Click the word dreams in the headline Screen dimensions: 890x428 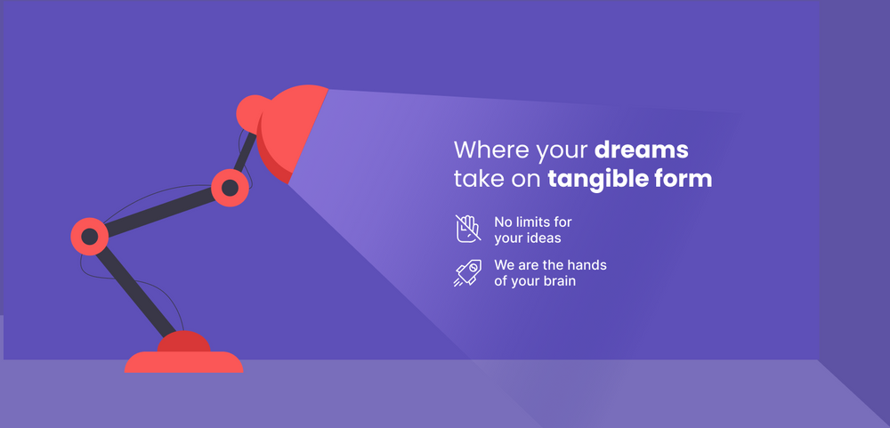pyautogui.click(x=642, y=149)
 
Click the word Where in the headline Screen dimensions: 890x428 pyautogui.click(x=491, y=149)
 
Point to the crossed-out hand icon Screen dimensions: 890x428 pyautogui.click(x=468, y=228)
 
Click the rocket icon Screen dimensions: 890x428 pyautogui.click(x=468, y=273)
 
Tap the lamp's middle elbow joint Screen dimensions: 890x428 pyautogui.click(x=230, y=188)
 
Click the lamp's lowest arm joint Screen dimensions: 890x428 pyautogui.click(x=90, y=236)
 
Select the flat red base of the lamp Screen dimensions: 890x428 pyautogui.click(x=184, y=362)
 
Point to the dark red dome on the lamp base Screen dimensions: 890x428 pyautogui.click(x=184, y=342)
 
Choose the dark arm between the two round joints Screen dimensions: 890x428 pyautogui.click(x=160, y=212)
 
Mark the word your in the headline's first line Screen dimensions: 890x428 pyautogui.click(x=562, y=152)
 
